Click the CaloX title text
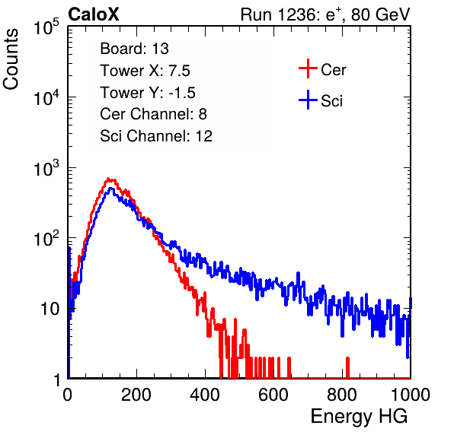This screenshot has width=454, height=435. coord(94,14)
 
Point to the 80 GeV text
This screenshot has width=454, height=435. coord(380,14)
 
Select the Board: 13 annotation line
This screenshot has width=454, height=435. coord(134,49)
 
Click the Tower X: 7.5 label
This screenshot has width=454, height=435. coord(145,71)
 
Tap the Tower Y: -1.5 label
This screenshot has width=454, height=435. coord(148,93)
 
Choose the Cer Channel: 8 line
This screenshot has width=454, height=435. coord(153,114)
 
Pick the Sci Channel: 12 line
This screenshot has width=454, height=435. coord(155,136)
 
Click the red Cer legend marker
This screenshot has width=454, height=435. coord(308,68)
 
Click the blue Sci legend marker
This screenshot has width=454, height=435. coord(308,100)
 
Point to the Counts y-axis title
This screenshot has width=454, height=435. coord(11,59)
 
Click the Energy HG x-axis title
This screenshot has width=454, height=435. coord(359,416)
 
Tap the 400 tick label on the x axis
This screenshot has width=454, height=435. coord(205,395)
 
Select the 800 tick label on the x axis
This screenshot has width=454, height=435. coord(342,395)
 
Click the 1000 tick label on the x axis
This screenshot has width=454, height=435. coord(411,395)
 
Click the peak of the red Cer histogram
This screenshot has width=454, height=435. coord(108,179)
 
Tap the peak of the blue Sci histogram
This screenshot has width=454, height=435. coord(110,189)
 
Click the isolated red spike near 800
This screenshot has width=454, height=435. coord(347,367)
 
